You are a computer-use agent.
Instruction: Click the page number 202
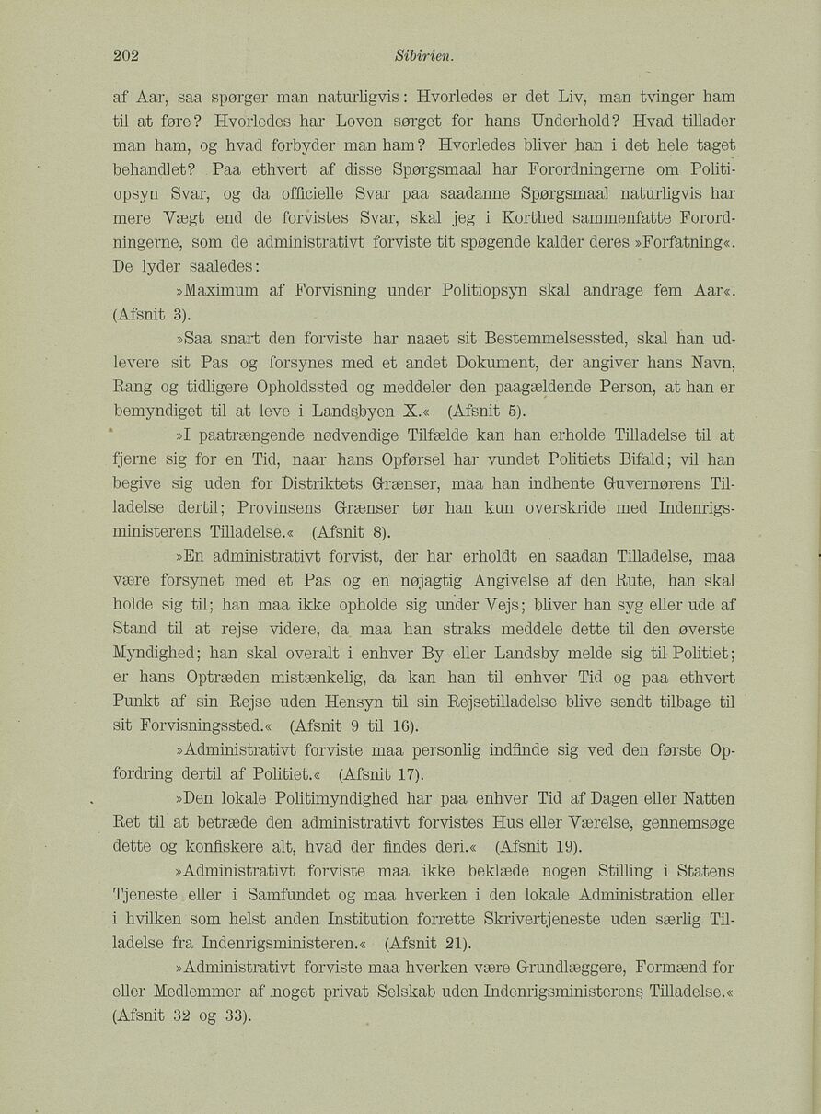(x=125, y=54)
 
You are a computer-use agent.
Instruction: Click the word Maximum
(x=218, y=291)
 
